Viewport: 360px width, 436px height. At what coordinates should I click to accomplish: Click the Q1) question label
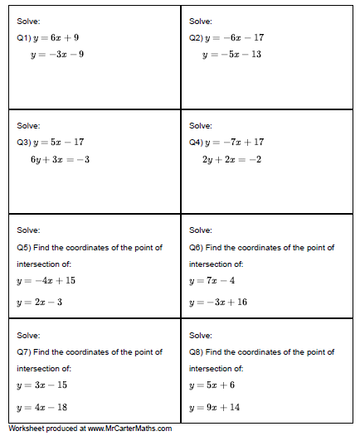23,38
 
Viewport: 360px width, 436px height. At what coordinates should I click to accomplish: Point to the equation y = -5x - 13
232,55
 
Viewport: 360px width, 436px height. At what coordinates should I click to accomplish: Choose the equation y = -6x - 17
235,38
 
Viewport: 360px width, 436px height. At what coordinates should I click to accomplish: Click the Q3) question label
23,142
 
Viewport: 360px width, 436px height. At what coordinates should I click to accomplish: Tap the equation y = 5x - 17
58,142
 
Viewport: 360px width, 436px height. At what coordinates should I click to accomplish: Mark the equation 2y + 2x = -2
231,159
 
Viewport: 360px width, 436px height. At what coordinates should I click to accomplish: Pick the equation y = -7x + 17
235,142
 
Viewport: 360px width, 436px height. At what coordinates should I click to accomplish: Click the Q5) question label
23,247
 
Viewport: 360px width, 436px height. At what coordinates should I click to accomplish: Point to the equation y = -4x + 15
46,281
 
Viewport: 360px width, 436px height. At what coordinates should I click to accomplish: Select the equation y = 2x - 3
40,303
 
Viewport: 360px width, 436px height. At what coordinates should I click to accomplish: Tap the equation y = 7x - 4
212,281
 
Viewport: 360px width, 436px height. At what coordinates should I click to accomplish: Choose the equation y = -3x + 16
218,303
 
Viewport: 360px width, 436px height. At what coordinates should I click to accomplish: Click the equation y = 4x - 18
42,407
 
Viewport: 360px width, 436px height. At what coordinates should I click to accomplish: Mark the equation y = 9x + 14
215,407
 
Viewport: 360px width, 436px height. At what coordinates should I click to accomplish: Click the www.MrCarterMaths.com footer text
129,429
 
